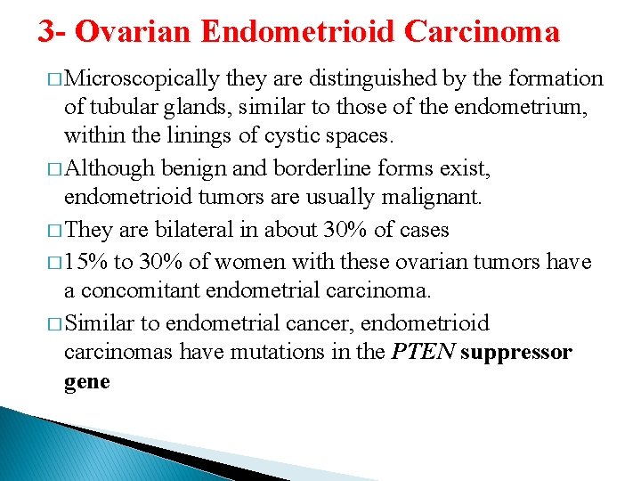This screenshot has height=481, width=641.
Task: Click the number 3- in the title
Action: pos(52,32)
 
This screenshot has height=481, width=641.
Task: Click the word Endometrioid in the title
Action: pos(298,32)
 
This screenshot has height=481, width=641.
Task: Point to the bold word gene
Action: pos(87,381)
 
